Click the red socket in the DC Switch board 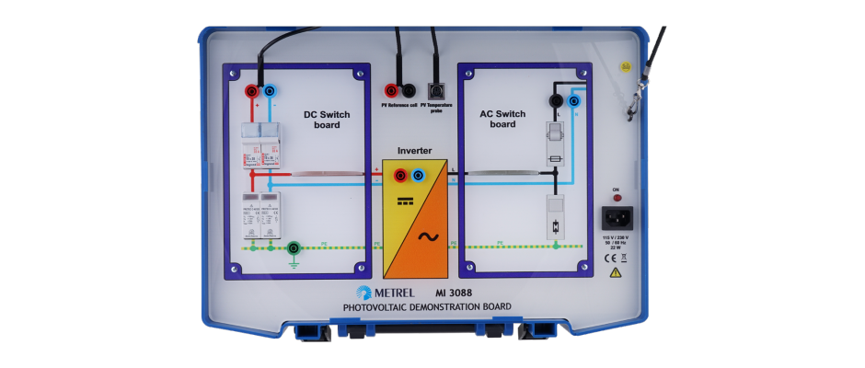coord(251,91)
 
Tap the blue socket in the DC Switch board coord(269,91)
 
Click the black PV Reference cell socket coord(410,90)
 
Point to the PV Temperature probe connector coord(436,91)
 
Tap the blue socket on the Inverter coord(419,174)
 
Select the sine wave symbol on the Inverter coord(428,236)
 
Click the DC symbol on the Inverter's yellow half coord(402,200)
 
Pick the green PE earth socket coord(294,247)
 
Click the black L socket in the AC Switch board coord(556,99)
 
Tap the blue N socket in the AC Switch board coord(574,99)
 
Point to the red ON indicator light coord(616,197)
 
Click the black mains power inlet coord(616,218)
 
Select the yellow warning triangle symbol coord(617,272)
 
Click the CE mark coord(608,259)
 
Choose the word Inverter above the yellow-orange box coord(414,150)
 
